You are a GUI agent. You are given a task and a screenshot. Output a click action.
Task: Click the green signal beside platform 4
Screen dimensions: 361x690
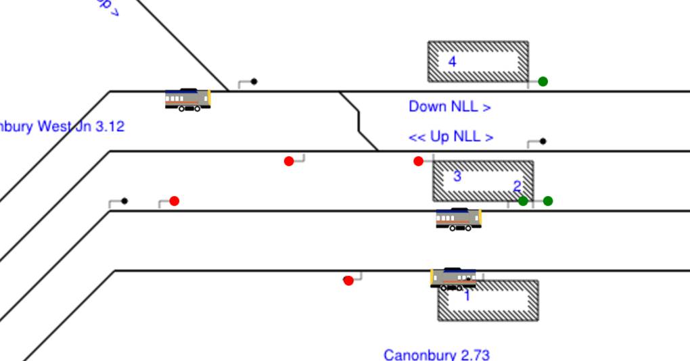[543, 81]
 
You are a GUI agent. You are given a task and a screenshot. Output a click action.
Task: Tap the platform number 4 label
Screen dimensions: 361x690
[453, 62]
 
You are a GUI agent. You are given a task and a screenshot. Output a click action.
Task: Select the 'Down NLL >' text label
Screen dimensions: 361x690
[449, 106]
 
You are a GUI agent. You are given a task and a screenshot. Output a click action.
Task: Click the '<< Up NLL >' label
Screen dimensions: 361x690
[451, 137]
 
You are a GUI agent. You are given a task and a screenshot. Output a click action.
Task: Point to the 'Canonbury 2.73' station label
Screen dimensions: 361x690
[436, 354]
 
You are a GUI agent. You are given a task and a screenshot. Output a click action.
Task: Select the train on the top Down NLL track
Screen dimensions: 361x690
[188, 99]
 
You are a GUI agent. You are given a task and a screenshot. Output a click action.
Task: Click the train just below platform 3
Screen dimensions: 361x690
[459, 219]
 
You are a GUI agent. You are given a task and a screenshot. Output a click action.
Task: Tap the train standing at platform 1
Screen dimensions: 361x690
[453, 278]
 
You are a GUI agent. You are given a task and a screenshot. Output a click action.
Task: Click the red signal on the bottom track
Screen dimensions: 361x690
[348, 281]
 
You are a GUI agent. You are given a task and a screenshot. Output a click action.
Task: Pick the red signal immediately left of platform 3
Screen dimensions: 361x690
[418, 161]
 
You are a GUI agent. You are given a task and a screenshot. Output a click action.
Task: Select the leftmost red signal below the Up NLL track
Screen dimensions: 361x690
[289, 161]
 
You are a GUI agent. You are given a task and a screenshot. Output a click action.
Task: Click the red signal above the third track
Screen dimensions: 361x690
[174, 201]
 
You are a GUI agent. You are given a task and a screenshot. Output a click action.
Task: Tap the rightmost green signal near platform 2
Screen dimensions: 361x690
[548, 201]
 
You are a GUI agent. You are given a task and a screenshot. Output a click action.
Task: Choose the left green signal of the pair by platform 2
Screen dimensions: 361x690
[523, 201]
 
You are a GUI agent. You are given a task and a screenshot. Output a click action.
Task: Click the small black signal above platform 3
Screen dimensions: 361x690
[543, 141]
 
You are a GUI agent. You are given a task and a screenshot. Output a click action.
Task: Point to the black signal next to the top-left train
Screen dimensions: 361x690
[254, 81]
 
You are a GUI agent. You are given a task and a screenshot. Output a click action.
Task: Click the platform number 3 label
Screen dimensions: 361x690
[457, 176]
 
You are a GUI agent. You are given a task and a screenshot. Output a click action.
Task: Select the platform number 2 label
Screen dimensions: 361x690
[517, 186]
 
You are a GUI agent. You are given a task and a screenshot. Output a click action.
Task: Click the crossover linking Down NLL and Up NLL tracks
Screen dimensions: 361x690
[359, 121]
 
